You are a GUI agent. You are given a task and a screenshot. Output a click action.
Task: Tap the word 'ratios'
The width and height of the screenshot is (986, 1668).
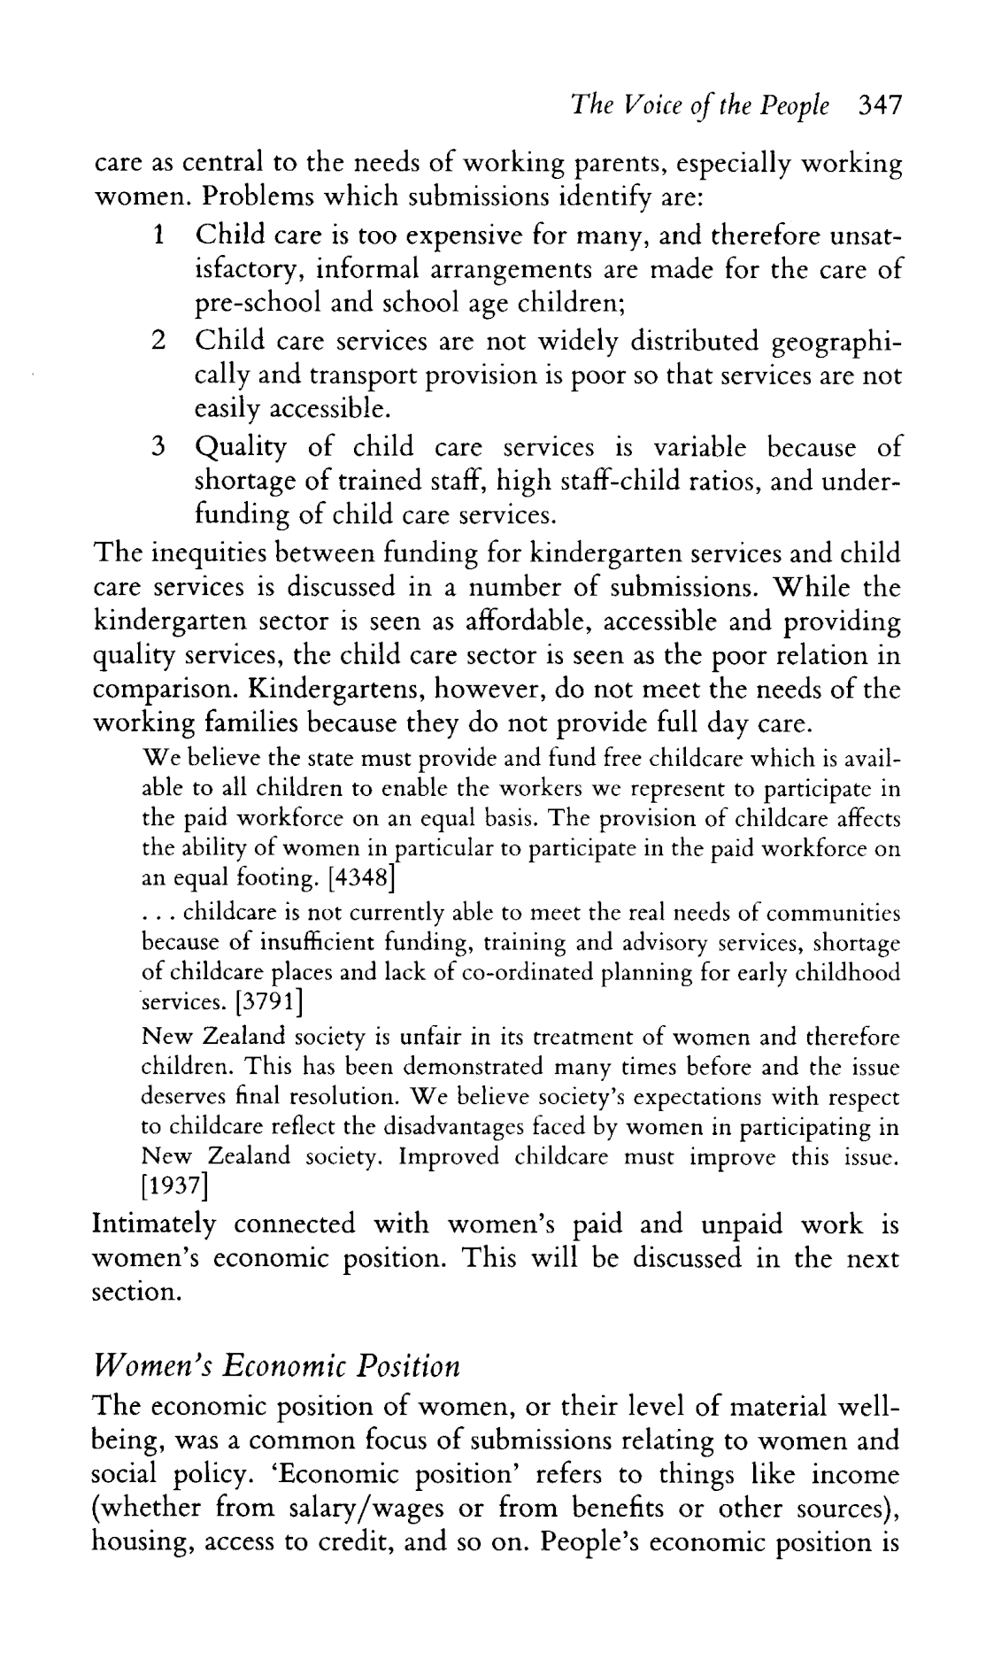coord(666,482)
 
